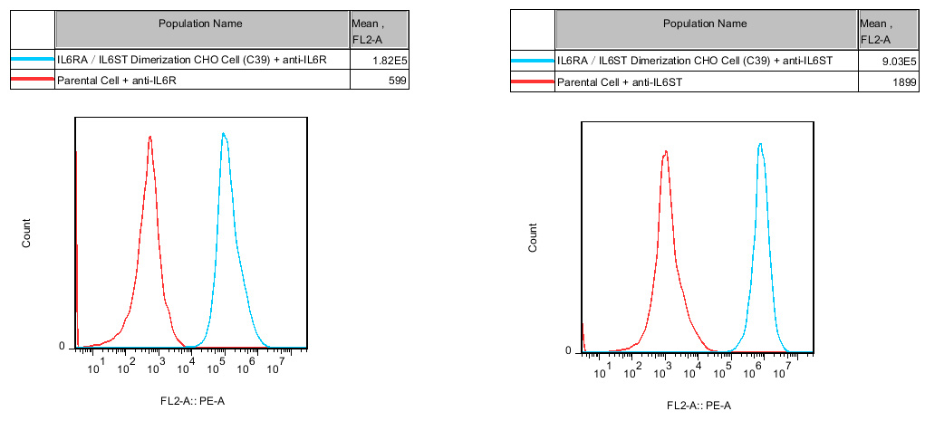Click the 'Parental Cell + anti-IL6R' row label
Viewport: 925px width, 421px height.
tap(117, 81)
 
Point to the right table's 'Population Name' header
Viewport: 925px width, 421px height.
tap(705, 24)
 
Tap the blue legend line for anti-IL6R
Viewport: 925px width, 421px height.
tap(32, 61)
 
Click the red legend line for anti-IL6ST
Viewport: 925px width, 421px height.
tap(532, 82)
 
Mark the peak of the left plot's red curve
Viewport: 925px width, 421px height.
tap(149, 138)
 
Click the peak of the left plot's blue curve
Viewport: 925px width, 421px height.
tap(223, 134)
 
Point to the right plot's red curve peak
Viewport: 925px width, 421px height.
tap(665, 152)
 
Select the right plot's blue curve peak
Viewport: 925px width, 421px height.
tap(760, 144)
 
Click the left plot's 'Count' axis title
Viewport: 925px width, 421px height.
tap(27, 234)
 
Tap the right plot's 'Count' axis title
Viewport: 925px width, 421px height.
tap(533, 237)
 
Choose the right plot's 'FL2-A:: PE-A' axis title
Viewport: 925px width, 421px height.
tap(699, 405)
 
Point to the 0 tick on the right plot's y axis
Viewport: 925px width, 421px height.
tap(567, 350)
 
